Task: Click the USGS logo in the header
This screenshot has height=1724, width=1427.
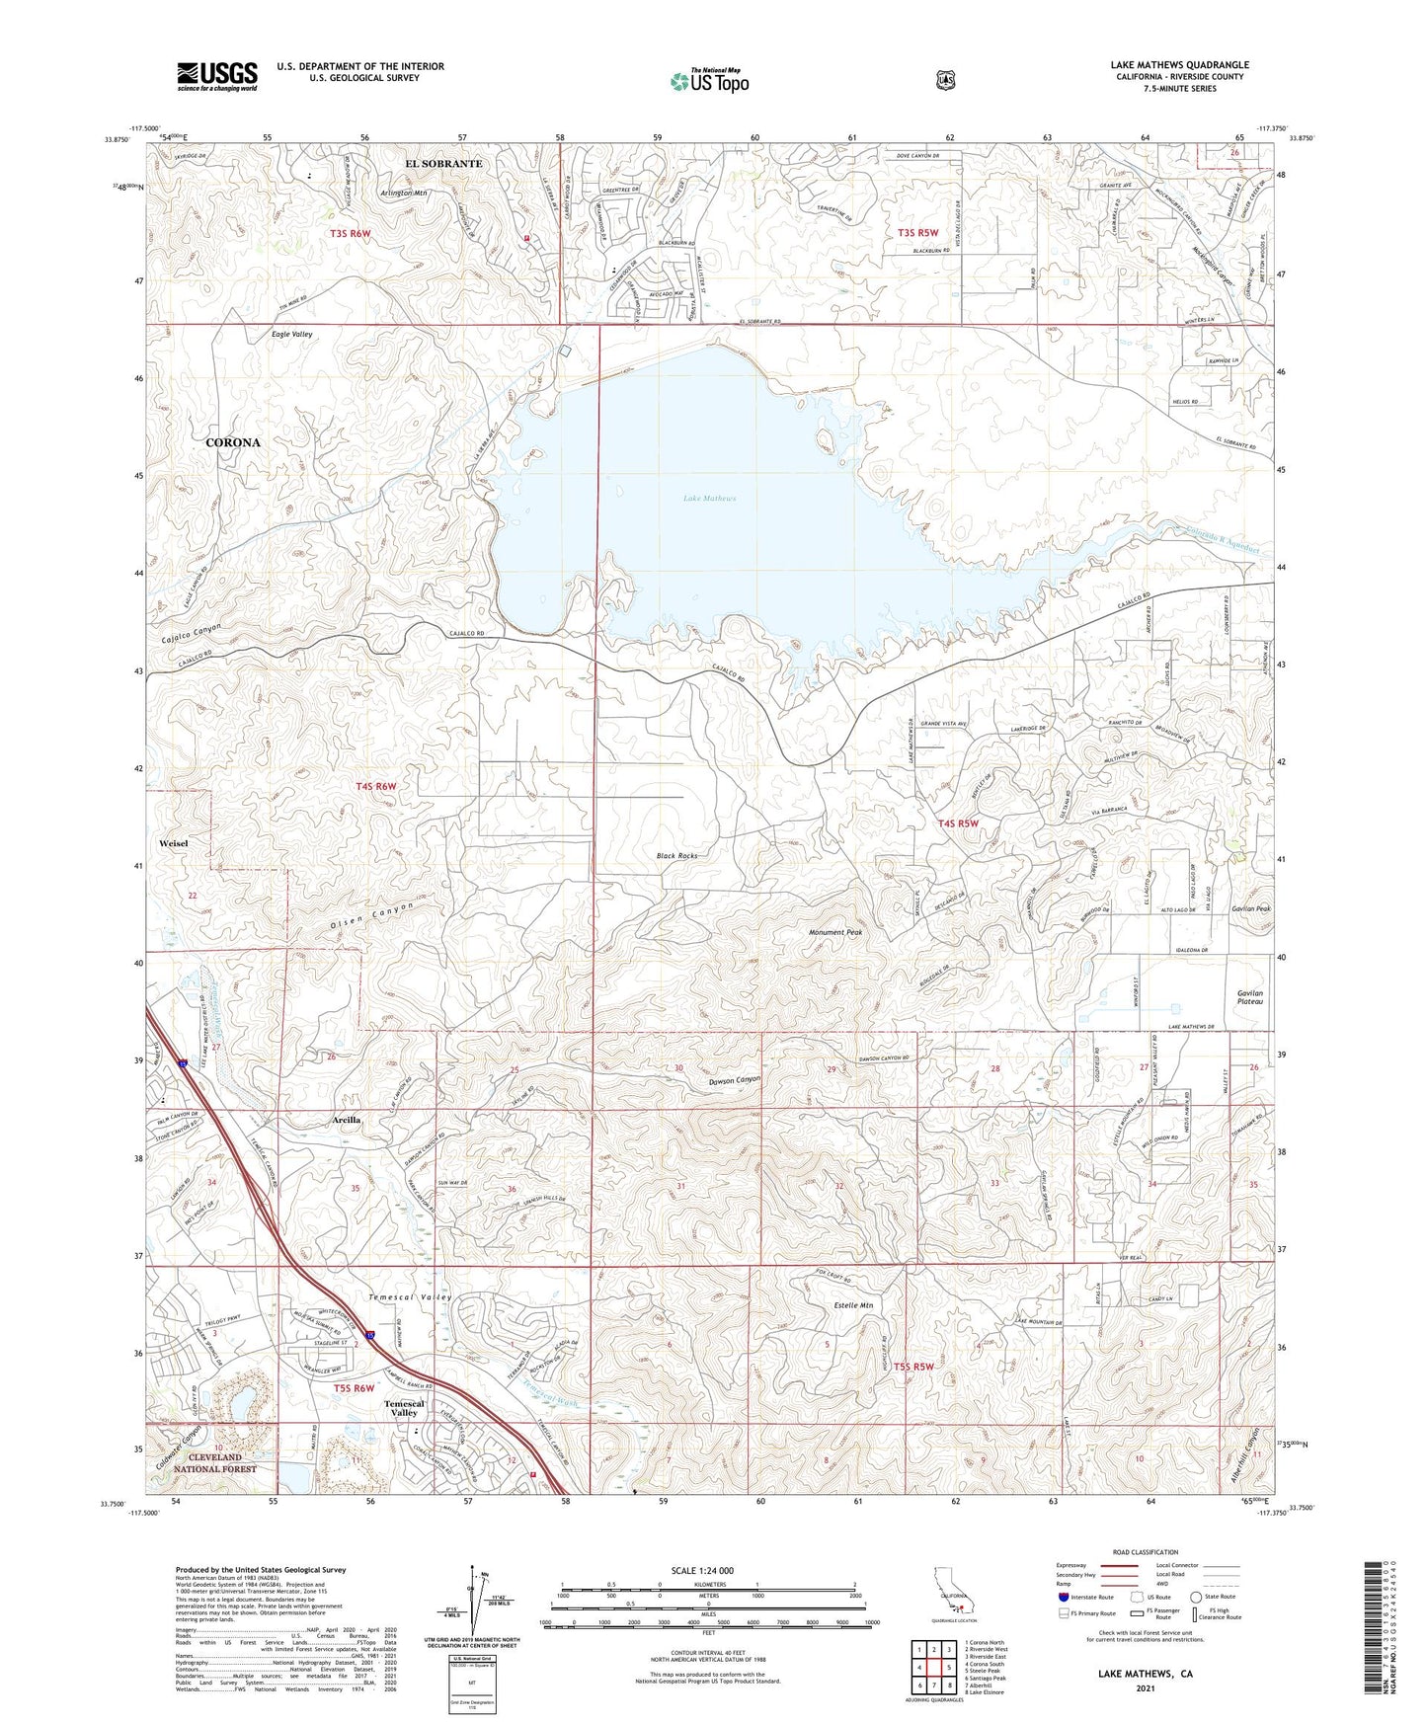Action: pos(216,76)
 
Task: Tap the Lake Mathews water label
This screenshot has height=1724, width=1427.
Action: pos(709,499)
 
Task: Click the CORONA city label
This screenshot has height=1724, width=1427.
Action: pos(233,442)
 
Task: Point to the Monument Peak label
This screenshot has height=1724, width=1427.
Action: pos(836,932)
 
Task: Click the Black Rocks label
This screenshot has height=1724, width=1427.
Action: pos(676,856)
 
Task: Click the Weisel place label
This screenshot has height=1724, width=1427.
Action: pos(173,844)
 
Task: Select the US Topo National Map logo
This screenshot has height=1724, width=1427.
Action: pos(708,81)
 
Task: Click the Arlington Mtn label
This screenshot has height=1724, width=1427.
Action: pos(402,194)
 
